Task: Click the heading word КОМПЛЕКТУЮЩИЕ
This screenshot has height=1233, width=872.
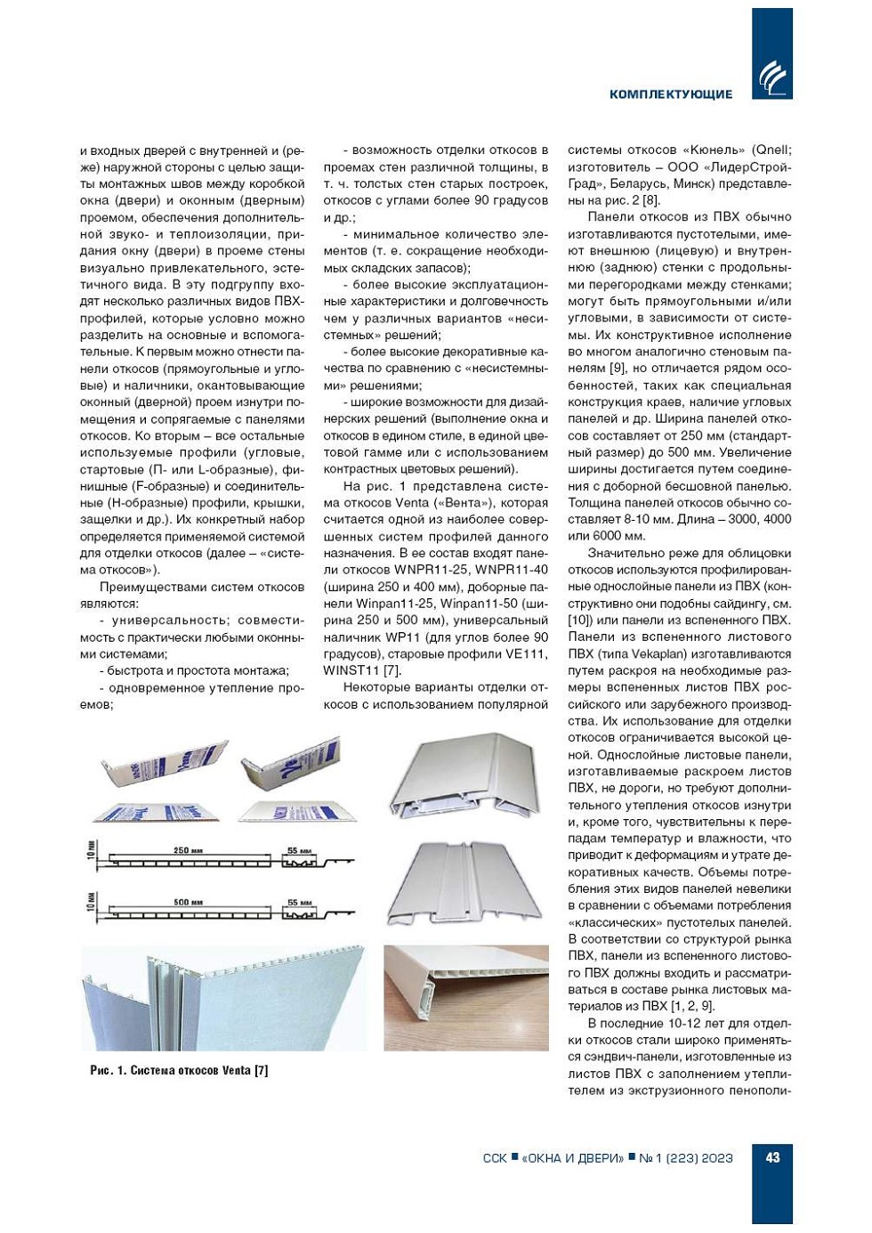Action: click(x=671, y=94)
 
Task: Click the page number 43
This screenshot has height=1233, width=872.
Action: click(x=772, y=1157)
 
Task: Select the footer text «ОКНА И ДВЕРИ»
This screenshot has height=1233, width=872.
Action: click(x=573, y=1158)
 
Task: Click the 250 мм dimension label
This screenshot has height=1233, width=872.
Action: click(x=188, y=851)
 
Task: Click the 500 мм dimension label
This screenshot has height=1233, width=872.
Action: click(x=188, y=903)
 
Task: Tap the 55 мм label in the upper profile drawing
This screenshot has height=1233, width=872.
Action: click(x=299, y=851)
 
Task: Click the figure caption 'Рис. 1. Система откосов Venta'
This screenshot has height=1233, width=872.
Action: click(x=179, y=1070)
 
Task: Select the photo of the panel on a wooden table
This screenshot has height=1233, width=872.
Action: click(x=465, y=997)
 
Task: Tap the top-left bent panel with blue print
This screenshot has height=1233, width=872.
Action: click(x=164, y=766)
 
